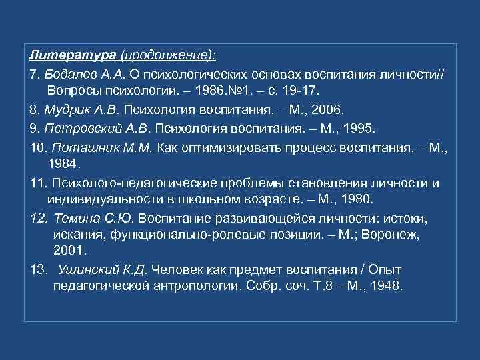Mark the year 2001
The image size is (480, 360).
68,252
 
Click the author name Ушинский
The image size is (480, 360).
87,270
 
